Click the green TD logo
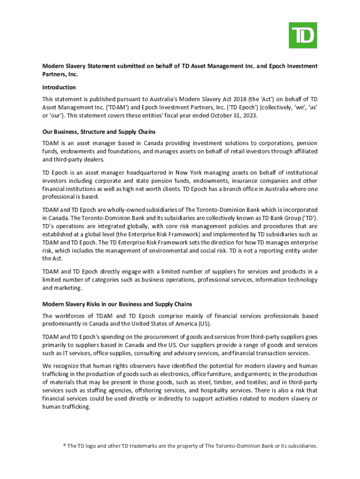(x=302, y=35)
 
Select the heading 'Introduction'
(x=59, y=87)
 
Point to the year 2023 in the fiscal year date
(x=246, y=116)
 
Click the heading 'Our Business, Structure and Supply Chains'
(x=99, y=132)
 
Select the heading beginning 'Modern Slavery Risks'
(x=117, y=304)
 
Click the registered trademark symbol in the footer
(x=65, y=445)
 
